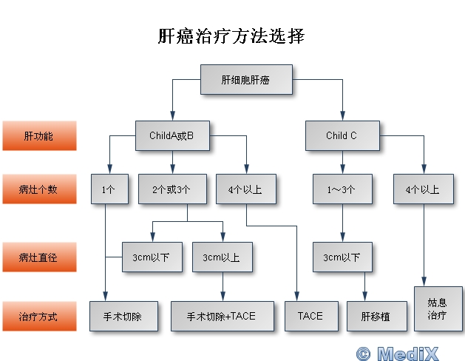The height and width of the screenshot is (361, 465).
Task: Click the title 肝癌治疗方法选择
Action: click(x=231, y=36)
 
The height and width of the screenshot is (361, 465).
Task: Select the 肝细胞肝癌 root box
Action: click(x=245, y=79)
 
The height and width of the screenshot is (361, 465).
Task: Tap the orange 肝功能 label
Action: click(x=38, y=136)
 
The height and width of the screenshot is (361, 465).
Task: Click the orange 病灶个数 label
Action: click(x=38, y=189)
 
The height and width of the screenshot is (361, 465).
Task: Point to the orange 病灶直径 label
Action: click(x=38, y=257)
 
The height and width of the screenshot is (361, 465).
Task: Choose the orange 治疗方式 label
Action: click(x=38, y=316)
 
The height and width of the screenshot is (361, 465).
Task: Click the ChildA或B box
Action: click(x=171, y=136)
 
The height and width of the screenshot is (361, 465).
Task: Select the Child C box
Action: click(x=342, y=136)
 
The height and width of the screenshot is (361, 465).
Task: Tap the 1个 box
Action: click(x=108, y=189)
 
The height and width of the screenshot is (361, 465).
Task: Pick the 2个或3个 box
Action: click(x=172, y=189)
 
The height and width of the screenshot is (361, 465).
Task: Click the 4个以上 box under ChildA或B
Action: click(x=245, y=189)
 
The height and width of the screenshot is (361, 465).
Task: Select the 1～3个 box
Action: click(x=342, y=189)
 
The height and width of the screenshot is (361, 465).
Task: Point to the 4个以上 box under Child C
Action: click(x=423, y=189)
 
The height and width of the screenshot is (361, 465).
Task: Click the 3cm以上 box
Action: click(x=221, y=257)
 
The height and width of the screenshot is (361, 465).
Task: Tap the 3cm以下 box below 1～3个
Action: click(x=342, y=257)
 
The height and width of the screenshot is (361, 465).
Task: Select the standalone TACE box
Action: click(x=310, y=316)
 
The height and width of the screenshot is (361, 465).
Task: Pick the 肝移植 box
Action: click(x=374, y=316)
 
